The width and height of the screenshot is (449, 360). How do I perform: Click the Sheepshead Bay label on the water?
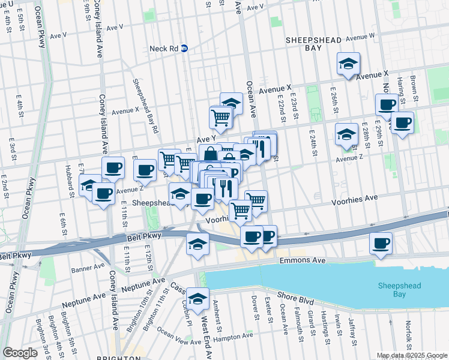click(x=402, y=291)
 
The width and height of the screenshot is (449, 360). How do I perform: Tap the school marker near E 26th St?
click(x=346, y=135)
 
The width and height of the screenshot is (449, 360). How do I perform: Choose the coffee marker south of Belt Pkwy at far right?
click(x=381, y=244)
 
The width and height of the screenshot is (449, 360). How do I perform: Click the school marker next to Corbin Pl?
click(x=197, y=299)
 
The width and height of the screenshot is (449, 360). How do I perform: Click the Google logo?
click(x=20, y=353)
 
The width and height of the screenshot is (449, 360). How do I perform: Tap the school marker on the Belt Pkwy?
click(x=197, y=244)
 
